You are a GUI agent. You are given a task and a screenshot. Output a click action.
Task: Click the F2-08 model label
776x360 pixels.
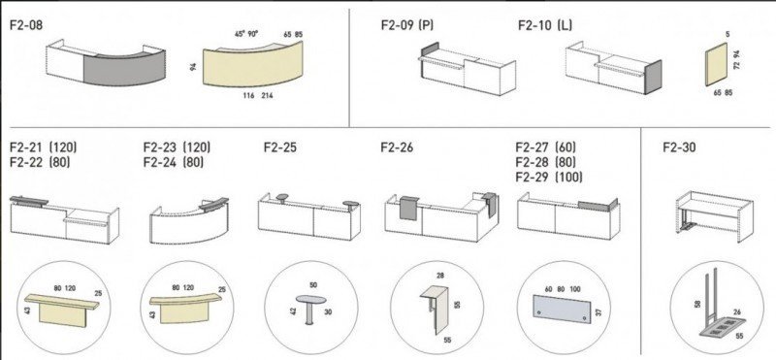click(x=26, y=26)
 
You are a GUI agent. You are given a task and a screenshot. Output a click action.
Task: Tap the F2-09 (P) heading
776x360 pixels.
click(x=407, y=25)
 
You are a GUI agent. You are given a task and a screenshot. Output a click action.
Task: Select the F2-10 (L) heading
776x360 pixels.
click(x=545, y=25)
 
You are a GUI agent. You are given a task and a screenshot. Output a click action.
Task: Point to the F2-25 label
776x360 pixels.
click(x=280, y=147)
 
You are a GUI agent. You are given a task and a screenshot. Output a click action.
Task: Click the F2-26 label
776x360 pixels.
click(x=397, y=147)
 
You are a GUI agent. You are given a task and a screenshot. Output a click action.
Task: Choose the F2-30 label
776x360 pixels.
click(x=680, y=147)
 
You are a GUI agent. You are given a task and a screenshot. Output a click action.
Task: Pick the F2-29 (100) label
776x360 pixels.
click(x=549, y=177)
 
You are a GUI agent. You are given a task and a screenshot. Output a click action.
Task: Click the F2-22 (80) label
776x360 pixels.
click(x=40, y=162)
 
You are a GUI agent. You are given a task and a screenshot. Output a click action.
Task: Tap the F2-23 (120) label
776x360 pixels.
click(x=177, y=147)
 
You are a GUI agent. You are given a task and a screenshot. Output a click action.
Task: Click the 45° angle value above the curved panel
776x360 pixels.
click(x=240, y=35)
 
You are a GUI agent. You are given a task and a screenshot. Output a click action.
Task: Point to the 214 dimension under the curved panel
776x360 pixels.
click(x=266, y=95)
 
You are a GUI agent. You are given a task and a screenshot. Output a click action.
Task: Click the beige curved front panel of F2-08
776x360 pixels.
click(x=253, y=67)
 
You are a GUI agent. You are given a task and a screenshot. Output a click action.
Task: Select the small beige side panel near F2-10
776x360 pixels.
click(x=717, y=64)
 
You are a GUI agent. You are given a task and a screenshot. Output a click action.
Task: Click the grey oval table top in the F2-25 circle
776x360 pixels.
click(x=310, y=300)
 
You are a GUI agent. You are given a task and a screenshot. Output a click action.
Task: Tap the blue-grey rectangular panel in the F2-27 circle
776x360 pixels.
click(x=562, y=309)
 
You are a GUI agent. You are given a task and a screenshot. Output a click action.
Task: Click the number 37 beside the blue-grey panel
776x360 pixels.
click(x=598, y=313)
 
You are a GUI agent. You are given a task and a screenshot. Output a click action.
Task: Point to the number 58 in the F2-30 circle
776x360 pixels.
click(x=697, y=303)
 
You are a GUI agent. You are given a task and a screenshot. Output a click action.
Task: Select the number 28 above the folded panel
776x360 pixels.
click(x=440, y=276)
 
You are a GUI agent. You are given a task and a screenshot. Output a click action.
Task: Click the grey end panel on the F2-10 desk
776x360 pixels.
click(x=654, y=78)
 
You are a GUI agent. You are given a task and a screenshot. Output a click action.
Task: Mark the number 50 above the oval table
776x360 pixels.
click(x=313, y=285)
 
